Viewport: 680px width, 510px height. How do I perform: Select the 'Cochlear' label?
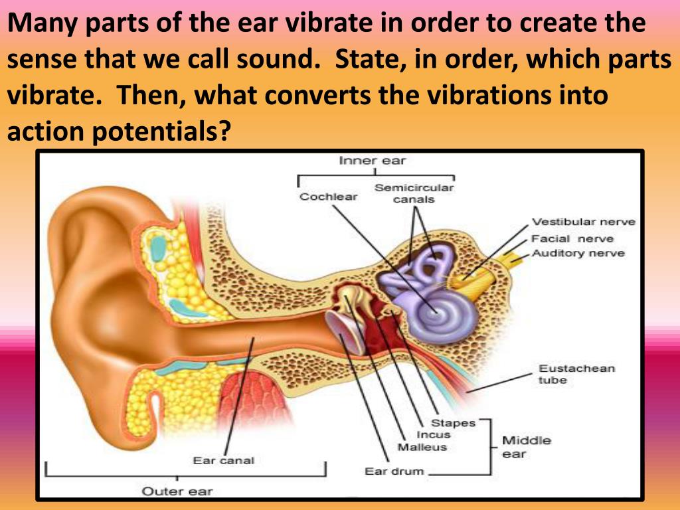tap(328, 197)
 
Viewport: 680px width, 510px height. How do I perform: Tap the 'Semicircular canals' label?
tap(414, 193)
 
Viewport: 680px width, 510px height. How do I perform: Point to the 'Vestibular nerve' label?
tap(583, 222)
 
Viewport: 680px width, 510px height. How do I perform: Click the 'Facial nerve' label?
tap(572, 238)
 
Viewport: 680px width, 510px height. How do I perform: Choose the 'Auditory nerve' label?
tap(578, 253)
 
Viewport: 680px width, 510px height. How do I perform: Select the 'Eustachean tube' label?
tap(567, 374)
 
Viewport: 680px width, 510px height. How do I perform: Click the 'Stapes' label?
tap(454, 423)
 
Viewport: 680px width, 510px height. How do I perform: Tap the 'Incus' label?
tap(434, 435)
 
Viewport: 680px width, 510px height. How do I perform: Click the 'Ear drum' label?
tap(394, 471)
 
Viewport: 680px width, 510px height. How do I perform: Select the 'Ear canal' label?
tap(224, 460)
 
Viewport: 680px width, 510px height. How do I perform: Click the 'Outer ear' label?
tap(177, 491)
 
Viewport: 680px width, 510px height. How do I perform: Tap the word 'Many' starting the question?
tap(42, 23)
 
